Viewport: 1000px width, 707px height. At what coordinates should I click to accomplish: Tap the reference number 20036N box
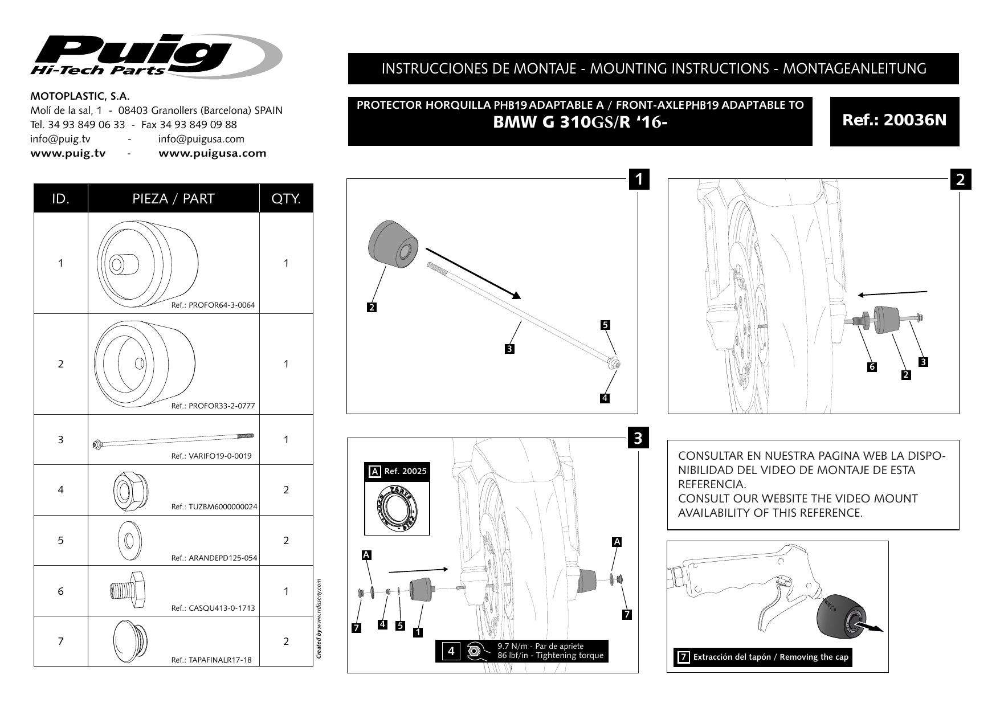click(x=894, y=121)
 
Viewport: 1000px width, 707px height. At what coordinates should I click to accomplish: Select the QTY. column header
click(x=286, y=199)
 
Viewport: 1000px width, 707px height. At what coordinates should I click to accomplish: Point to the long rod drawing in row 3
click(x=173, y=440)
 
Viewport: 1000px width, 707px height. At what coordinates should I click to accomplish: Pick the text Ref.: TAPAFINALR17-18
click(x=211, y=660)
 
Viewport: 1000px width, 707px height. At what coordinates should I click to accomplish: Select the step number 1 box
click(x=639, y=179)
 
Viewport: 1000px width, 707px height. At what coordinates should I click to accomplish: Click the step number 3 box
click(x=638, y=439)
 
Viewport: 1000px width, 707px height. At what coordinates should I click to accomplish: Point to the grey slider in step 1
click(x=393, y=244)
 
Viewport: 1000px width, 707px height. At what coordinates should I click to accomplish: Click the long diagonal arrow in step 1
click(x=473, y=273)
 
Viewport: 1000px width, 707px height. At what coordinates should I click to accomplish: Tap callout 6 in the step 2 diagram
click(x=871, y=367)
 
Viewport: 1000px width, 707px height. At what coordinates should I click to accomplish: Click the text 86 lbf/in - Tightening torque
click(x=550, y=655)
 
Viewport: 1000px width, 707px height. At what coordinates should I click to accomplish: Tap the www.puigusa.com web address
click(x=212, y=153)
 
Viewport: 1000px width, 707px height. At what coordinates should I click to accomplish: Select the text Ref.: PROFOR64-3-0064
click(x=213, y=305)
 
